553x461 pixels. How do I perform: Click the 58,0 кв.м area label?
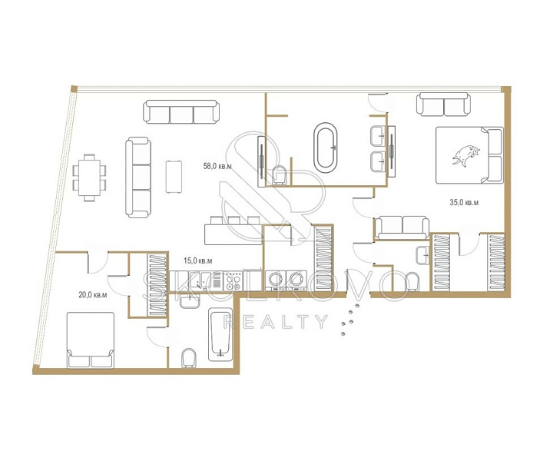tap(217, 166)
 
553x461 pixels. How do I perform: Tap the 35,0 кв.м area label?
tap(464, 203)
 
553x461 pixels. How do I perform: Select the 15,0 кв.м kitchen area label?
tap(198, 260)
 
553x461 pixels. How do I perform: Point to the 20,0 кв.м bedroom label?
tap(92, 294)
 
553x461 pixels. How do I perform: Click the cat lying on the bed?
tap(466, 155)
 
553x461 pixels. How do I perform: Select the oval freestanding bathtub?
tap(326, 148)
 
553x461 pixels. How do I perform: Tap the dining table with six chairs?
tap(90, 177)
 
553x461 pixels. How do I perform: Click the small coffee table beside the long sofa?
tap(174, 177)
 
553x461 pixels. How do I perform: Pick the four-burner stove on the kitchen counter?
tap(233, 281)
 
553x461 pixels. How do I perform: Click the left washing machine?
tap(276, 280)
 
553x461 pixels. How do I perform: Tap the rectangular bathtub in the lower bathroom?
tap(220, 335)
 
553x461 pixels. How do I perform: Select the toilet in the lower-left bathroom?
tap(189, 358)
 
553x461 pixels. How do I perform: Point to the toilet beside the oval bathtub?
tap(280, 175)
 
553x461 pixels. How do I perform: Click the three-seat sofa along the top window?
tap(181, 111)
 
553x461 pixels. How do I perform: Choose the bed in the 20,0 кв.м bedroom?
tap(91, 340)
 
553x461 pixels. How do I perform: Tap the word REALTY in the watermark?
tap(276, 322)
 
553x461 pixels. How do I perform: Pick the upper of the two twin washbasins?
tap(378, 136)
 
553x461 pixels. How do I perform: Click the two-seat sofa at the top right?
tap(443, 104)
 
